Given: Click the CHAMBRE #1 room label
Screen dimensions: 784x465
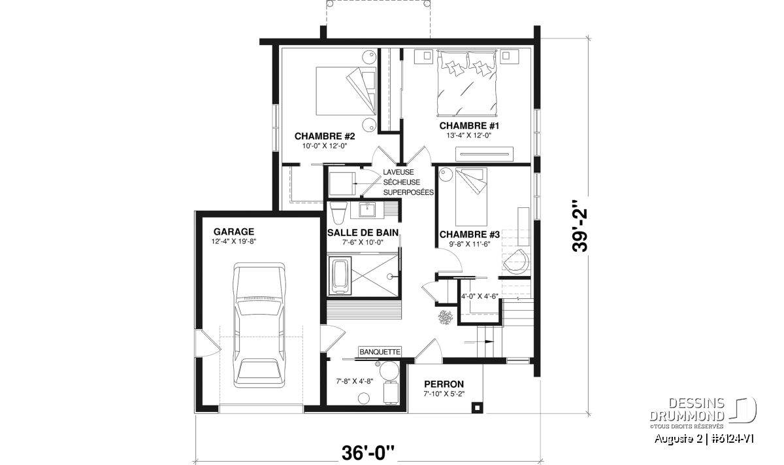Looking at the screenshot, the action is pyautogui.click(x=469, y=126).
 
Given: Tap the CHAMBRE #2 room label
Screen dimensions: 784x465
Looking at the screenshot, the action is pyautogui.click(x=325, y=136).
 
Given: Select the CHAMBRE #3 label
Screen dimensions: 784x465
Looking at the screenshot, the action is pyautogui.click(x=469, y=234).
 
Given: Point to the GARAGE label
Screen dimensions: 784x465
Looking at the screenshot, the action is pyautogui.click(x=234, y=232).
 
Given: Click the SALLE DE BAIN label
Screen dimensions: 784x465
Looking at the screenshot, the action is pyautogui.click(x=363, y=233).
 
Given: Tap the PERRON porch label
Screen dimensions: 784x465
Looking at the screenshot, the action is pyautogui.click(x=444, y=384).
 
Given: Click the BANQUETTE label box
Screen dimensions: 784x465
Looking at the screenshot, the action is pyautogui.click(x=380, y=352).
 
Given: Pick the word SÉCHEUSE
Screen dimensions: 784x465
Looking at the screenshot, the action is pyautogui.click(x=401, y=182).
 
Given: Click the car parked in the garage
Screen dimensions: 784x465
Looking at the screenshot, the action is pyautogui.click(x=259, y=325).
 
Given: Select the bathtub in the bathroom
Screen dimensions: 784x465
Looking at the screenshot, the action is pyautogui.click(x=340, y=277).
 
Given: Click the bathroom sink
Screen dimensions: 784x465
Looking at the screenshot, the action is pyautogui.click(x=367, y=209).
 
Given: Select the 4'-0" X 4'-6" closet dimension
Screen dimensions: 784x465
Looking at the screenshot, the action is pyautogui.click(x=480, y=296).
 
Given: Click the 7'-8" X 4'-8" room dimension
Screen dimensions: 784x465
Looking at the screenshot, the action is pyautogui.click(x=355, y=381).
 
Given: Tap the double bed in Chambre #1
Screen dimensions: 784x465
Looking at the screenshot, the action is pyautogui.click(x=467, y=84).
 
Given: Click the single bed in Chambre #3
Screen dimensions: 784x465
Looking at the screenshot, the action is pyautogui.click(x=471, y=197).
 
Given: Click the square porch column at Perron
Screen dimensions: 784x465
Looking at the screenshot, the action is pyautogui.click(x=477, y=407).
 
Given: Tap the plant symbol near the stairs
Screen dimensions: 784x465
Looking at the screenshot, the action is pyautogui.click(x=445, y=317).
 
